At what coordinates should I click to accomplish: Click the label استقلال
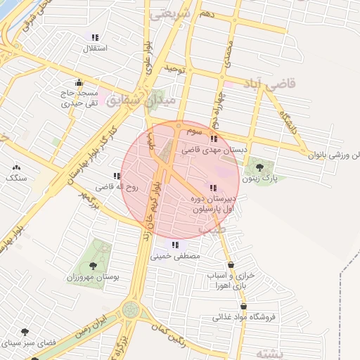click(94, 49)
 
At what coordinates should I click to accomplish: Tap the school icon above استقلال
click(94, 38)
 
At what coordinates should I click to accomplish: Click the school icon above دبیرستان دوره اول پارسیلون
click(212, 187)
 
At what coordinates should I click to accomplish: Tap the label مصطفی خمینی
click(176, 257)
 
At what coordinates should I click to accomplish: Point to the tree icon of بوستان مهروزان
click(93, 266)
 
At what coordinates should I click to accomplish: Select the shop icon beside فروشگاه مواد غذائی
click(243, 307)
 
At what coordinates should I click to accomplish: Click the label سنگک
click(17, 179)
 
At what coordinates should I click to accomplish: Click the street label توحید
click(174, 68)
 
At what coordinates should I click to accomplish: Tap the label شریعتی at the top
click(170, 13)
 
